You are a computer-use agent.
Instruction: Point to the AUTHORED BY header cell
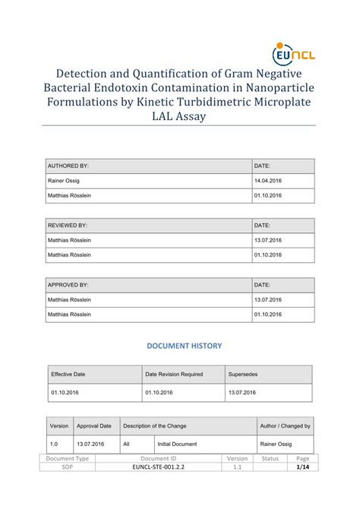click(x=68, y=165)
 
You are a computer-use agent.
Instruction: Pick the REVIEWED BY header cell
click(x=68, y=226)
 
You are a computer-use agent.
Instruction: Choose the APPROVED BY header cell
click(x=68, y=285)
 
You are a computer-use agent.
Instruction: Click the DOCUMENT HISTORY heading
click(x=184, y=346)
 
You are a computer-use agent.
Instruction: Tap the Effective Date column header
click(x=68, y=375)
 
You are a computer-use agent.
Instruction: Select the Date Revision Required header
click(x=174, y=375)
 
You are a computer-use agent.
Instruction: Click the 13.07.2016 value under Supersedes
click(x=242, y=393)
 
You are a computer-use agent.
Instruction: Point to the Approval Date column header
click(x=94, y=426)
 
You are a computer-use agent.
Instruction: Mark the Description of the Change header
click(x=154, y=426)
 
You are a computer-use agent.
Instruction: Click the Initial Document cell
click(x=177, y=444)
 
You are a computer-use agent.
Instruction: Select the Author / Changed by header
click(x=285, y=426)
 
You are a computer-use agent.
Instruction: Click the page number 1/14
click(x=303, y=469)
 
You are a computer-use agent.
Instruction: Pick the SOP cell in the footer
click(x=68, y=469)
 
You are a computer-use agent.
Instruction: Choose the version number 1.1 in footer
click(x=237, y=469)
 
